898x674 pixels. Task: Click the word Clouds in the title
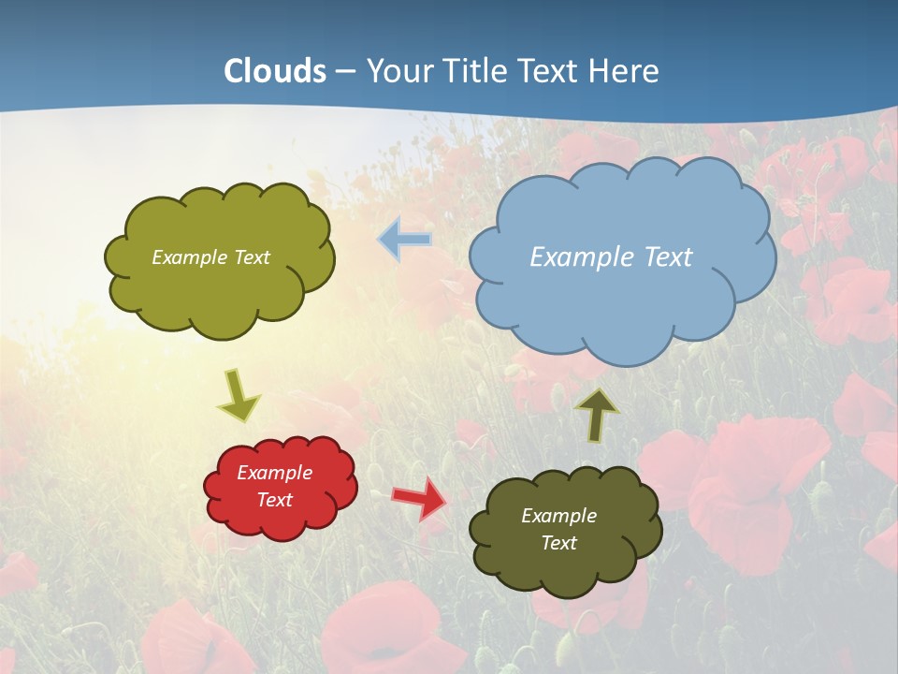(x=275, y=71)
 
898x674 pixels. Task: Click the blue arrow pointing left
(x=405, y=239)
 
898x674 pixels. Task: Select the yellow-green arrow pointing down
(x=238, y=395)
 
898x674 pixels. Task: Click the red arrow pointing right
(x=418, y=497)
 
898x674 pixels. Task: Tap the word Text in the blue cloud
(x=669, y=256)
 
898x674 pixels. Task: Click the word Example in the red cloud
(x=274, y=473)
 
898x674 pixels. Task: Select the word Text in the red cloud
(x=274, y=500)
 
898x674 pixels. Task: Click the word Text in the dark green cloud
(x=558, y=543)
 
